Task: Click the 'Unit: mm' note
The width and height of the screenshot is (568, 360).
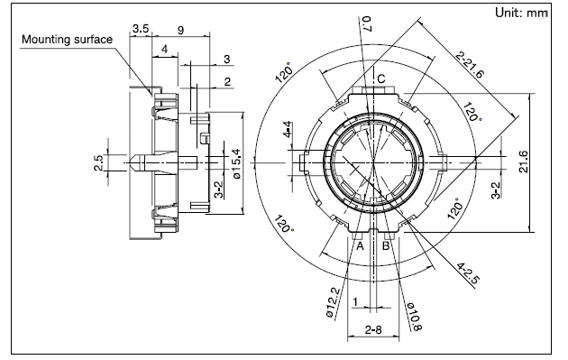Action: (x=521, y=13)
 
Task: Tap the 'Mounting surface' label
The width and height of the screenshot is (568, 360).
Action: (x=67, y=39)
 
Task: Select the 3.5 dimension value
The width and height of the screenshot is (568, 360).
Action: (x=140, y=28)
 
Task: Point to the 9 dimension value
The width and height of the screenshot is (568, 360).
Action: (x=181, y=30)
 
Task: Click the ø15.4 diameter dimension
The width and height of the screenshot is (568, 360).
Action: (x=236, y=163)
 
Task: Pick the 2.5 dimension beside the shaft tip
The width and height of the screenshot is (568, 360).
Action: (x=98, y=162)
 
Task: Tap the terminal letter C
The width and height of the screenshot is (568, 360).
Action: (x=381, y=78)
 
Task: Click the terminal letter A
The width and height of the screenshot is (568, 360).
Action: (x=360, y=246)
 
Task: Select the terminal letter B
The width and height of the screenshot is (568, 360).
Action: (x=386, y=246)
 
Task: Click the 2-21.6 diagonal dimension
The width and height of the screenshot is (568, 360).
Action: (x=470, y=65)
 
